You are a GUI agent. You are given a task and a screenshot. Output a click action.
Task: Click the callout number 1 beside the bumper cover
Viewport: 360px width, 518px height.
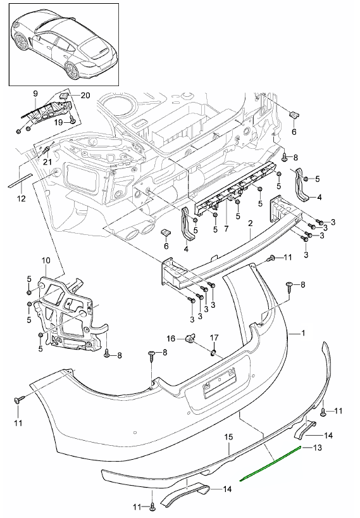(x=303, y=333)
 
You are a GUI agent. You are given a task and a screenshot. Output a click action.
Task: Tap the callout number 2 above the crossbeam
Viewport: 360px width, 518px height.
(x=251, y=224)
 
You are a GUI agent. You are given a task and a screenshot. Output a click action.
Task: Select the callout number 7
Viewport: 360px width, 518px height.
(x=227, y=228)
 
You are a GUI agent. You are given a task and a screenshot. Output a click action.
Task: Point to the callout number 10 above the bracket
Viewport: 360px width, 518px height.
(x=46, y=260)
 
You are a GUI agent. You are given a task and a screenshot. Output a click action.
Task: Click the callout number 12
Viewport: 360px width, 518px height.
(x=21, y=199)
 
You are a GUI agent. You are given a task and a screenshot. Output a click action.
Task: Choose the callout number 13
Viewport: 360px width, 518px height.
(x=317, y=448)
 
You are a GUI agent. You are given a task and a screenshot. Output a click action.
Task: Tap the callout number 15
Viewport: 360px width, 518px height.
(x=228, y=437)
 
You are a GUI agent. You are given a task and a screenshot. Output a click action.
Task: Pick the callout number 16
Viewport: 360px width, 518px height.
(x=171, y=339)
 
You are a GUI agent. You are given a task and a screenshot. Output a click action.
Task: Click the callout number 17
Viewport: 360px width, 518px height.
(x=214, y=338)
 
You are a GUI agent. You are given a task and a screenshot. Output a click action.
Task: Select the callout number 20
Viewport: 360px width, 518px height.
(x=85, y=96)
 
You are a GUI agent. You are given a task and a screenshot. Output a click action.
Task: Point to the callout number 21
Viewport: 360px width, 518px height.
(x=47, y=161)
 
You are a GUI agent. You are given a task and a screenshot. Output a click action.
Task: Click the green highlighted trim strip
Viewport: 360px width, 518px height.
(x=271, y=463)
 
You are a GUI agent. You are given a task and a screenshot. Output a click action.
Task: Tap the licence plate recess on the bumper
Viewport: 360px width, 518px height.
(x=220, y=383)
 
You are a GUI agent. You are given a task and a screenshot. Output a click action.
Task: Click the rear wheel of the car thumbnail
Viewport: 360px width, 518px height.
(x=72, y=71)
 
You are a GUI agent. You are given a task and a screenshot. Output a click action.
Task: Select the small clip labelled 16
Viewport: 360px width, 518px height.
(x=190, y=338)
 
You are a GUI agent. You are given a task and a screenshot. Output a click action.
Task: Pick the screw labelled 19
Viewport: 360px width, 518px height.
(x=72, y=119)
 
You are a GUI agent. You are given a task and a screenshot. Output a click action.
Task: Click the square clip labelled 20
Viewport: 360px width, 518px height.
(x=64, y=96)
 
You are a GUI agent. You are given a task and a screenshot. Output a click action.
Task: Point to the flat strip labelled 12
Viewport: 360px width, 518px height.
(x=20, y=180)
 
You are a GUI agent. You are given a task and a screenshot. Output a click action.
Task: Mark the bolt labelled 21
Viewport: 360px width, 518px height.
(x=47, y=151)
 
